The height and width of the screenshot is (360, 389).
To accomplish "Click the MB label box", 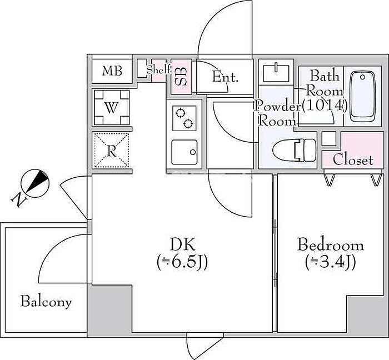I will (x=112, y=71).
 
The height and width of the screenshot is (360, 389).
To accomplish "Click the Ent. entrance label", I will (x=225, y=77).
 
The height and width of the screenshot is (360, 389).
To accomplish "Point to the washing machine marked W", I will (x=112, y=107).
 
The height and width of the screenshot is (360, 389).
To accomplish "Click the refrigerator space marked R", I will (x=111, y=151).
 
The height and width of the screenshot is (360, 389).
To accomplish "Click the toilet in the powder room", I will (x=295, y=149).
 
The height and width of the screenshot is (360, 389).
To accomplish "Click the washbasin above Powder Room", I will (x=273, y=73).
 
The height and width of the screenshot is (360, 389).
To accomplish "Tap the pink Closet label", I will (x=353, y=161).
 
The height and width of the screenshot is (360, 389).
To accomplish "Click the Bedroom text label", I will (x=330, y=245).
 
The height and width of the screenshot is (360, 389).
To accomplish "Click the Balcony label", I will (x=46, y=302).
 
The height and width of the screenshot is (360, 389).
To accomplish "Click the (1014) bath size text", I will (x=325, y=104).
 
